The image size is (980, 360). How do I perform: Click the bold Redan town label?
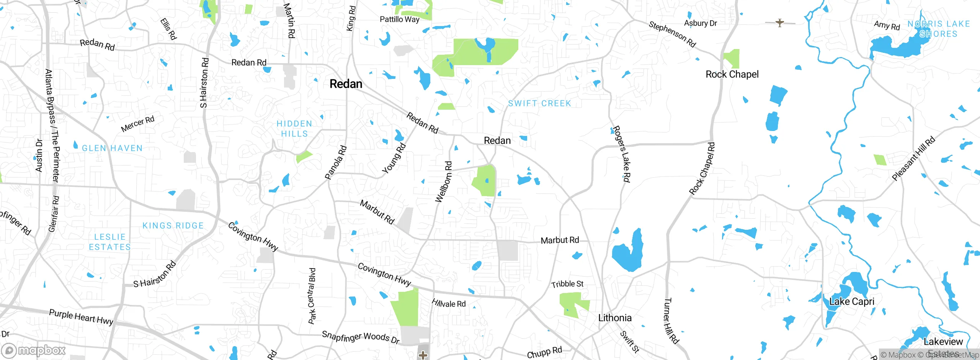coord(346,84)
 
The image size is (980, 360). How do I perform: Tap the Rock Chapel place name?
coord(732,74)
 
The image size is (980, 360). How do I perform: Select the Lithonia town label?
coord(615,318)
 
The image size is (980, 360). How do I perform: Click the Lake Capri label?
coord(852,301)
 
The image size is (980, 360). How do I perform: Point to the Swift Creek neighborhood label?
coord(539,103)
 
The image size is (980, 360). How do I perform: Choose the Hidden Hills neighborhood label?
coord(294,129)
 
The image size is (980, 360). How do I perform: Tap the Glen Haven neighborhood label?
coord(112,148)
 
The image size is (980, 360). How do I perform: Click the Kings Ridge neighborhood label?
coord(173,226)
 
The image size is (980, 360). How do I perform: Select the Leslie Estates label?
coord(110,242)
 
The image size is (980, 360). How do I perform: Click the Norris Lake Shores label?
coord(939,29)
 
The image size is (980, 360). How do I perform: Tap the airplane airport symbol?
coord(780,23)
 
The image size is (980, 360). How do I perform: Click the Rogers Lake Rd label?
coord(622,154)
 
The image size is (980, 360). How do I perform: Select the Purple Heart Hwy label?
coord(81,317)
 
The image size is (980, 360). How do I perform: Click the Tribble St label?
coord(567,284)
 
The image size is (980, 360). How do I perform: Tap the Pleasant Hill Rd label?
coord(913,159)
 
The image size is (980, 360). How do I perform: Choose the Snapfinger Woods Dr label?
coord(361,337)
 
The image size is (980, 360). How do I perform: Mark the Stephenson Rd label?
coord(672,34)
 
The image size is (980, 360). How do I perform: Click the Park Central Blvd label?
coord(312,296)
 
